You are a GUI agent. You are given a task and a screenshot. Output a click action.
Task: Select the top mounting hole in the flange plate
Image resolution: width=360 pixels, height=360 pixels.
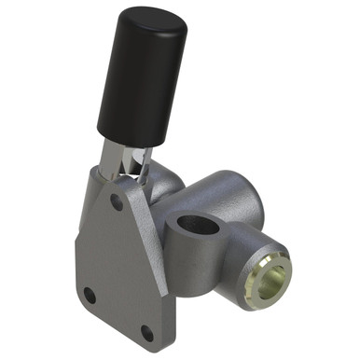pos(116,200)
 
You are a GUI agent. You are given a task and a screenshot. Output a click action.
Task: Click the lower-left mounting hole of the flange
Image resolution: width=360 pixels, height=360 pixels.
pos(90,295)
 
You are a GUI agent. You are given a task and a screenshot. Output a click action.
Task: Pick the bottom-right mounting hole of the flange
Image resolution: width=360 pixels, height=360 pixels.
pos(146,331)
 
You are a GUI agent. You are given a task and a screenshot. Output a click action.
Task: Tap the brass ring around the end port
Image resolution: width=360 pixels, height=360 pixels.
pos(273,277)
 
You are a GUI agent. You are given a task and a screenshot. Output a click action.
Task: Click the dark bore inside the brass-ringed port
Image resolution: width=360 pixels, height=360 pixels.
pos(270,279)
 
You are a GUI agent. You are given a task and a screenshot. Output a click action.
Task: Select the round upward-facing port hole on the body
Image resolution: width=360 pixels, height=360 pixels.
pos(198,226)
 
